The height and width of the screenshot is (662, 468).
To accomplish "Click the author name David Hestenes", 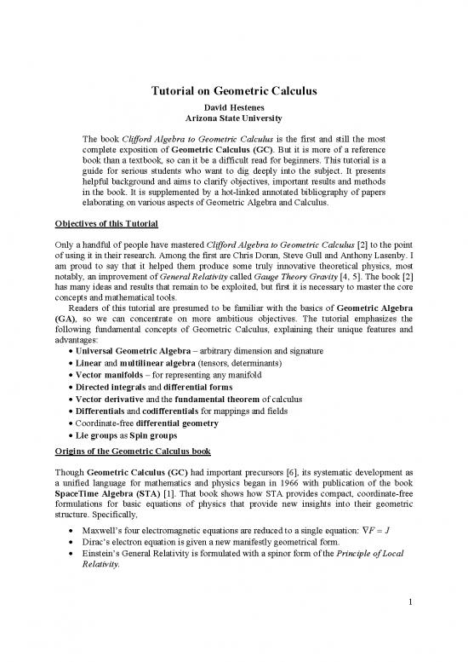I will (x=234, y=110).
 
